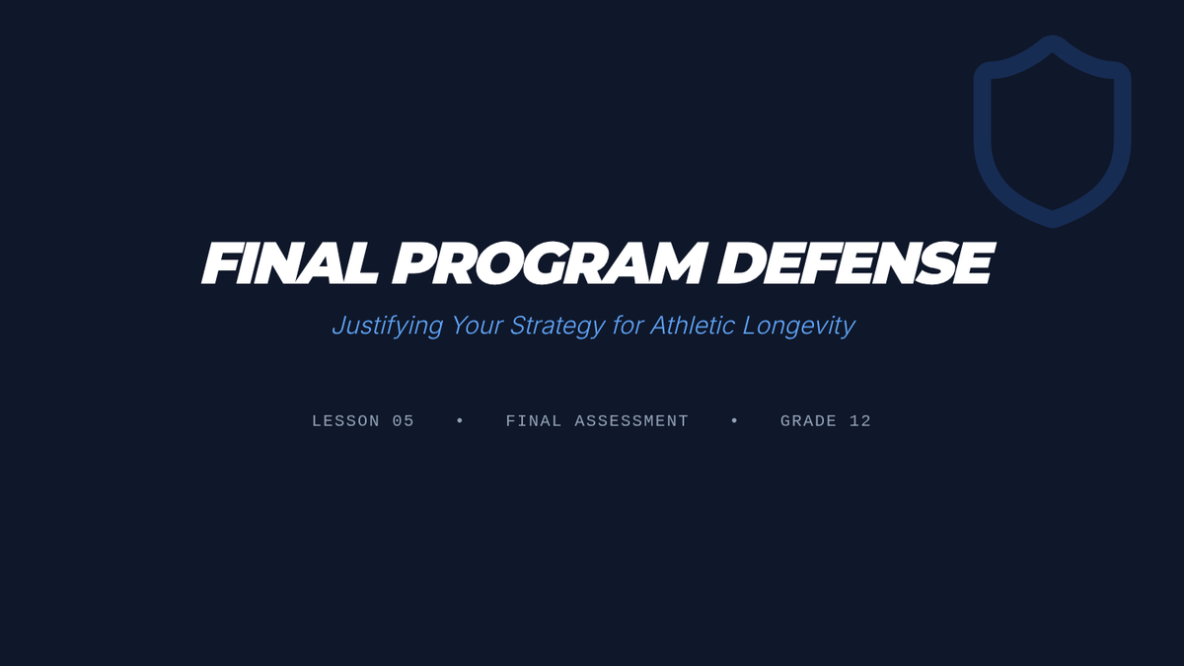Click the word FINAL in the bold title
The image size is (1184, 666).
[290, 263]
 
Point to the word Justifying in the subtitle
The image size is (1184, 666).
[388, 326]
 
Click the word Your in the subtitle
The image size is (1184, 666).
[477, 325]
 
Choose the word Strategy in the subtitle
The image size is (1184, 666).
[557, 326]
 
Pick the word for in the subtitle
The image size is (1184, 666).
[628, 325]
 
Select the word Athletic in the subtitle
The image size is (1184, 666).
[693, 325]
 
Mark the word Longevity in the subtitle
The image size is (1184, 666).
[798, 326]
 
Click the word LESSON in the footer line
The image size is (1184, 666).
[345, 421]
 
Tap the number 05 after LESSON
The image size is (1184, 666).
[404, 421]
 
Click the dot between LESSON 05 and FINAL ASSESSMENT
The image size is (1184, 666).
[460, 420]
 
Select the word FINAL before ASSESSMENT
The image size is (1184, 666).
[534, 421]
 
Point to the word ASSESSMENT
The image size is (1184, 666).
[631, 421]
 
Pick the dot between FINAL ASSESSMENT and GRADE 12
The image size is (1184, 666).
[734, 420]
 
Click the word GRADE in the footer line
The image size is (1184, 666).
[809, 421]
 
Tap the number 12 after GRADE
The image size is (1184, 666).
[860, 421]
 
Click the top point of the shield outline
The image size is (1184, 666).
[1053, 36]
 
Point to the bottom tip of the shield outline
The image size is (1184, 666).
[1053, 227]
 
